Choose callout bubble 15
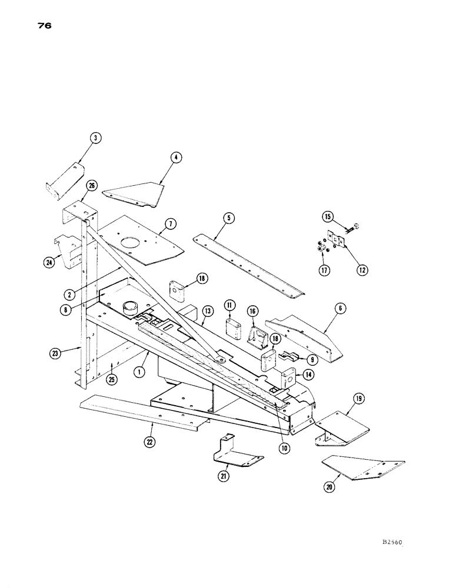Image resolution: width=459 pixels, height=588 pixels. coord(328,217)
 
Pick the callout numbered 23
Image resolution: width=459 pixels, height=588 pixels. coord(54,353)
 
